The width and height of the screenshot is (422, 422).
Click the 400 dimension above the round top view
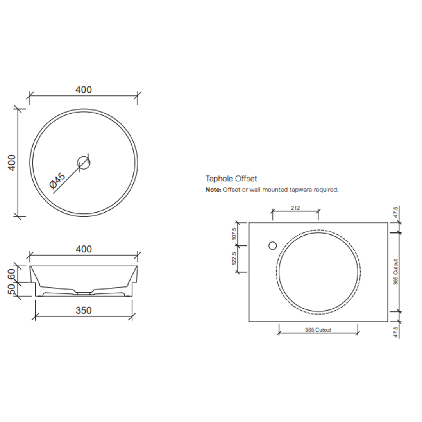click(x=84, y=89)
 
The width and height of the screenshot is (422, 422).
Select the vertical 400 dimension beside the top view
click(x=12, y=162)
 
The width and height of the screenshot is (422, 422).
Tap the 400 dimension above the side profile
click(x=84, y=249)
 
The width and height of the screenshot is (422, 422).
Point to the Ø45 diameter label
click(x=58, y=181)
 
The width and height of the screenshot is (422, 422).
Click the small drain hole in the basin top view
click(x=84, y=163)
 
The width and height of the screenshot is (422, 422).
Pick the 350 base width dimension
click(x=84, y=310)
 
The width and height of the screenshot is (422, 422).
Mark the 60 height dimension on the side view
click(x=12, y=273)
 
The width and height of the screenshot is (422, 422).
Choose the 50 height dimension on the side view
click(x=12, y=289)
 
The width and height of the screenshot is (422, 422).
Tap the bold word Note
click(x=213, y=190)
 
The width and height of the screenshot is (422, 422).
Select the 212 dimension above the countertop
click(x=295, y=208)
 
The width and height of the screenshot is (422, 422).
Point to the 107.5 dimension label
click(x=234, y=234)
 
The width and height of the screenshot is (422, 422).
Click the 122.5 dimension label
click(x=234, y=259)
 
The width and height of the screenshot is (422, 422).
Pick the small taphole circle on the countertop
click(x=273, y=245)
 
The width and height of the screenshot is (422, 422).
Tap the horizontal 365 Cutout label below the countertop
click(x=318, y=330)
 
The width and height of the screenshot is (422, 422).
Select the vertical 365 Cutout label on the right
click(x=395, y=272)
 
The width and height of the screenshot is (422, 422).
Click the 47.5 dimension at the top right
click(x=395, y=213)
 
